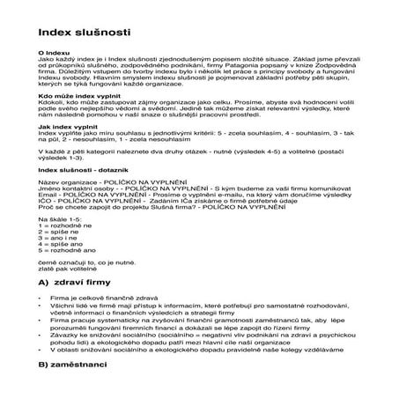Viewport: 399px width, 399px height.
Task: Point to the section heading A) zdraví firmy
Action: [83, 284]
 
